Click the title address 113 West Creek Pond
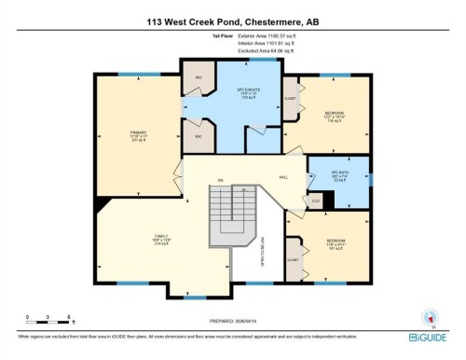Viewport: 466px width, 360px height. click(x=232, y=21)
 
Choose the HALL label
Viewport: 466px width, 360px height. click(x=283, y=176)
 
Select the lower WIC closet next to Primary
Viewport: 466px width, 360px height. click(x=198, y=137)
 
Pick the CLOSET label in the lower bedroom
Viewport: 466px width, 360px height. click(x=293, y=260)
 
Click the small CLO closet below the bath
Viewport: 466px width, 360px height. click(x=316, y=200)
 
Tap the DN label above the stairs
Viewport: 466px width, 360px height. click(x=221, y=179)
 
